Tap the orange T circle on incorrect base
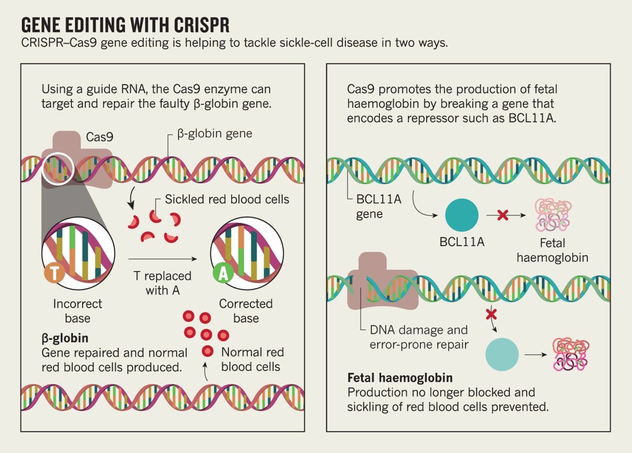(54, 273)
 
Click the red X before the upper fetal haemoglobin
(503, 215)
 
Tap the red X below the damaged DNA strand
(491, 314)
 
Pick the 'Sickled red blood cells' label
(227, 199)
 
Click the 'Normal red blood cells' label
(252, 359)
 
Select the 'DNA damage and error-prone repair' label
(418, 337)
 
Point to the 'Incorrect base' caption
(77, 311)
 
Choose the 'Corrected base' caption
(246, 311)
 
